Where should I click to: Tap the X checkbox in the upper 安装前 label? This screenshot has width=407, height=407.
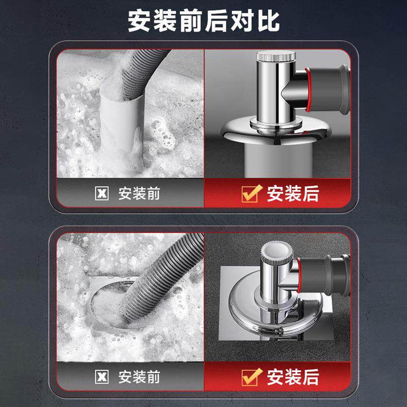point(102,194)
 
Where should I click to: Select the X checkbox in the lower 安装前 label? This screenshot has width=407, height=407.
point(102,377)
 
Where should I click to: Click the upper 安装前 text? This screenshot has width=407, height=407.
point(139,194)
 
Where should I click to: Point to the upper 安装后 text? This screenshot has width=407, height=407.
point(293,194)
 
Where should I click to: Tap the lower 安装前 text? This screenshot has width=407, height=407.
point(139,377)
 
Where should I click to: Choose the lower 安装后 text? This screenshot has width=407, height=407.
point(293,377)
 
